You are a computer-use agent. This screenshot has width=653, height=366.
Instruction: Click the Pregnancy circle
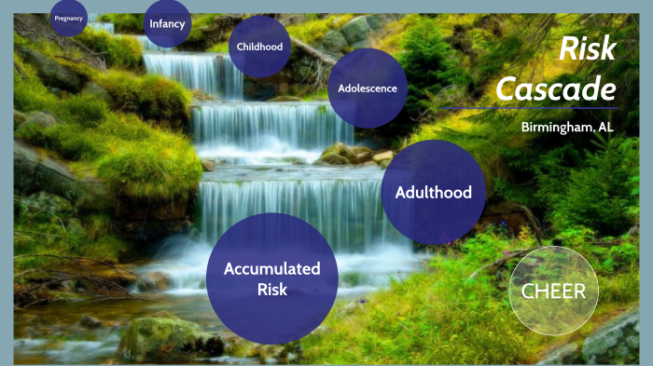[68, 17]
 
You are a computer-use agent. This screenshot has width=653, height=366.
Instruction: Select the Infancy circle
[167, 22]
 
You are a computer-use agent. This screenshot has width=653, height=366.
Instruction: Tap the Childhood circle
[260, 46]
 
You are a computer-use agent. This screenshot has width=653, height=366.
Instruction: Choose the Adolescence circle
[368, 89]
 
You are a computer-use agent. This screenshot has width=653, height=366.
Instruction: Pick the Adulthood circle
[434, 193]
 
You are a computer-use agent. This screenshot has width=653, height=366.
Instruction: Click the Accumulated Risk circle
[271, 278]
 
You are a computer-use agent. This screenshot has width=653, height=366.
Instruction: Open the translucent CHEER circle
[553, 291]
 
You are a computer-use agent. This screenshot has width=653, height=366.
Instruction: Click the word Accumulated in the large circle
[271, 268]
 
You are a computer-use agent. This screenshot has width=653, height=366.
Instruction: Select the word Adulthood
[434, 193]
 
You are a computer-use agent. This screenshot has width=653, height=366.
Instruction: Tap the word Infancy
[167, 24]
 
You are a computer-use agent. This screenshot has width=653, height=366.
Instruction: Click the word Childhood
[260, 47]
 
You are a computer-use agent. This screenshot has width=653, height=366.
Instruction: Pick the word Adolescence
[368, 89]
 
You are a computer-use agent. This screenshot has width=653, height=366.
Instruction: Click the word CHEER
[553, 291]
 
